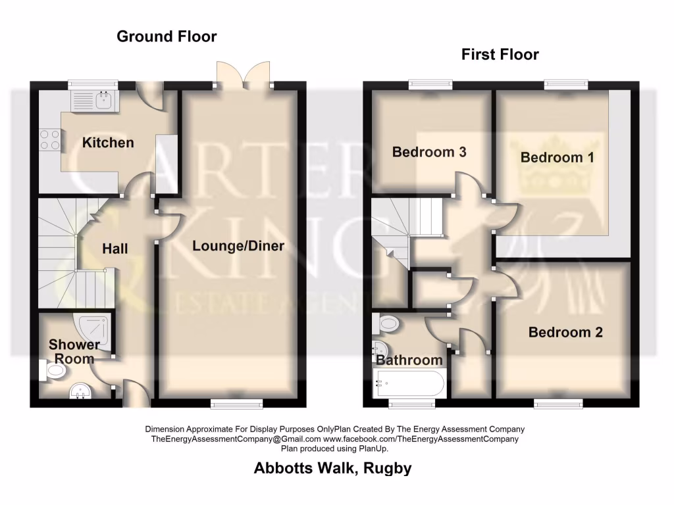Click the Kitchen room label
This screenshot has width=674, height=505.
point(108,143)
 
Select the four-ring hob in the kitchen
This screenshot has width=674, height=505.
point(49,139)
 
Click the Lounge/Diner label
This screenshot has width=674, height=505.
point(238,246)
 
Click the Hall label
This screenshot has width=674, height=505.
point(115,249)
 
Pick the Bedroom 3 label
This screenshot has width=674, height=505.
point(429,152)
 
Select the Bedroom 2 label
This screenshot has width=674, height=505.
point(565,332)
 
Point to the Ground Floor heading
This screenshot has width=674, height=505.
point(167,36)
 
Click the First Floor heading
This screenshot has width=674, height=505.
point(500,54)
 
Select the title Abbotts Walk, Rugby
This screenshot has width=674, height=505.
point(333,468)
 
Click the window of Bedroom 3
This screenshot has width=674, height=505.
point(430,85)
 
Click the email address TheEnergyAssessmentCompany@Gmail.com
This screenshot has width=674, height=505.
point(236,439)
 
